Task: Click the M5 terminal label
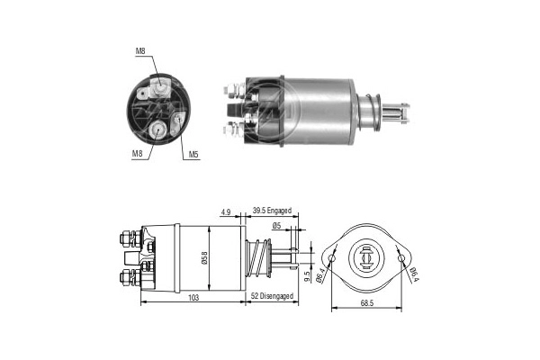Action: [193, 155]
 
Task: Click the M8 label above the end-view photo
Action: [140, 51]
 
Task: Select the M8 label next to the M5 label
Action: [138, 155]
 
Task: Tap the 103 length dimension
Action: [193, 299]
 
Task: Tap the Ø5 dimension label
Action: [277, 227]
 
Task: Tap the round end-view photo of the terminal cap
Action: [163, 106]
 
